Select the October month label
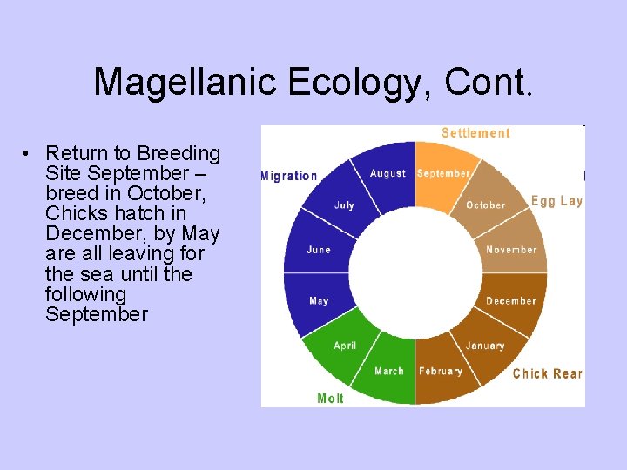click(x=485, y=205)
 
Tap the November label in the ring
click(x=511, y=250)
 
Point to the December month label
click(x=511, y=301)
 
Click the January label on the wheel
click(x=485, y=346)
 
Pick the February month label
click(x=441, y=372)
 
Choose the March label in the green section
click(x=389, y=372)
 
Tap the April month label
click(x=345, y=346)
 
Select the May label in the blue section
click(x=319, y=301)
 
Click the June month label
click(x=319, y=250)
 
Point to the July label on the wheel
click(x=344, y=205)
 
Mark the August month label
click(x=388, y=173)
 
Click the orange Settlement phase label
click(x=475, y=133)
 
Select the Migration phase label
click(x=289, y=176)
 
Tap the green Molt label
click(x=330, y=399)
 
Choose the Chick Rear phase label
click(x=547, y=373)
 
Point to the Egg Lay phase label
click(x=556, y=201)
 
